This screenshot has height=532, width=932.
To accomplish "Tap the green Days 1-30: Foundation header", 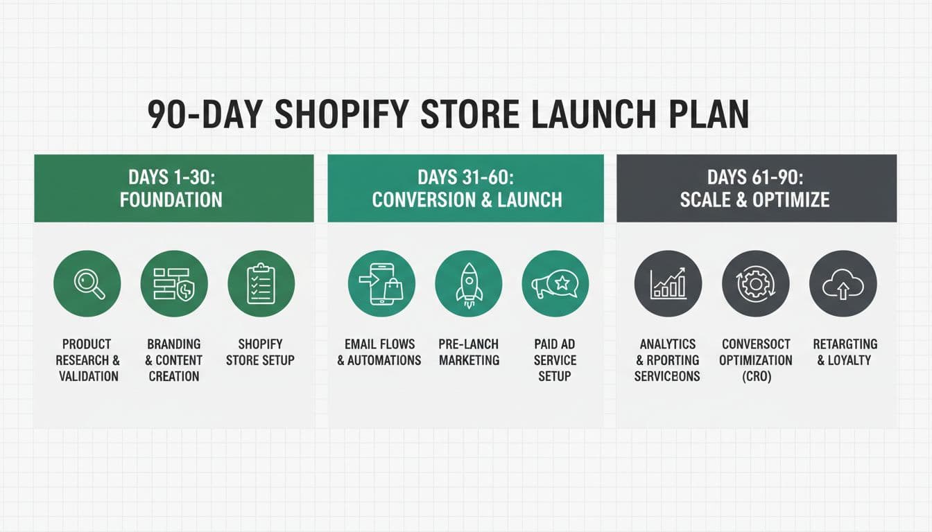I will click(173, 188).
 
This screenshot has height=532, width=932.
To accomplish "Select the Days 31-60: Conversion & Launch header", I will click(466, 188).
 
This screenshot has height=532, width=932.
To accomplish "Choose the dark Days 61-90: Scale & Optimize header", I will click(755, 188).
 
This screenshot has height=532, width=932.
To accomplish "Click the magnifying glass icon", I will click(87, 284).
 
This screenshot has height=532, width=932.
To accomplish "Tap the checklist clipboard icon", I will click(261, 284).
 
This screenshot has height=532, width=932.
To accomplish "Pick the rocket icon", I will click(469, 284).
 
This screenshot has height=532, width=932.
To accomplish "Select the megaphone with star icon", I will click(555, 284).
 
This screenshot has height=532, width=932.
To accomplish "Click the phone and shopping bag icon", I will click(381, 284).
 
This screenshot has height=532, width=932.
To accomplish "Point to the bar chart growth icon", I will click(668, 284).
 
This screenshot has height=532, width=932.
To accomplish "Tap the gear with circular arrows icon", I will click(755, 284).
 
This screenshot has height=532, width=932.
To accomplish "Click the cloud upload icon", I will click(843, 284).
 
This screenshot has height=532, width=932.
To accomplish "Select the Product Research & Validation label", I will click(87, 360).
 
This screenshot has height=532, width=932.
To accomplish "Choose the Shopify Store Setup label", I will click(261, 352).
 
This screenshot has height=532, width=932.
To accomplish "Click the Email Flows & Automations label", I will click(379, 352).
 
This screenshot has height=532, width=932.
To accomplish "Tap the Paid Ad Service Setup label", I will click(555, 360).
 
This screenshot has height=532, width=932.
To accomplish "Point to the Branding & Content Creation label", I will click(174, 360).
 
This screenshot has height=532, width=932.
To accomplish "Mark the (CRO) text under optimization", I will click(755, 377).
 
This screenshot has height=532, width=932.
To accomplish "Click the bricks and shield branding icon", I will click(174, 284).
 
